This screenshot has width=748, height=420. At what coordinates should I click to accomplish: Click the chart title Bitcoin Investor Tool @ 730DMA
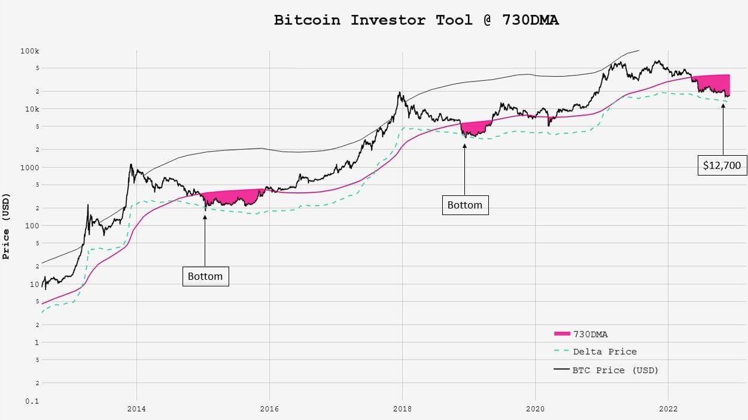point(416,20)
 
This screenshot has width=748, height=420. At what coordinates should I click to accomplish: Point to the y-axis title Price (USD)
point(7,226)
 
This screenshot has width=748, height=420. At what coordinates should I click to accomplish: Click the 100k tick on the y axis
point(29,52)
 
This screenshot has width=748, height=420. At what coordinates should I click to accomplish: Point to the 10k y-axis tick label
point(31,109)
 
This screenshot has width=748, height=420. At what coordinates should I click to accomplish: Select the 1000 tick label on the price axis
point(29,168)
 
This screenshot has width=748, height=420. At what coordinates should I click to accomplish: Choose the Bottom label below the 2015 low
point(205,276)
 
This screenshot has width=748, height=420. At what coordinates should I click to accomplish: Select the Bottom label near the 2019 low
point(465,205)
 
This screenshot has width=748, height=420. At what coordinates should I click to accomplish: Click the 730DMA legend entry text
point(591,334)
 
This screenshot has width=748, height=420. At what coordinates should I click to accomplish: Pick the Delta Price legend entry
point(604,352)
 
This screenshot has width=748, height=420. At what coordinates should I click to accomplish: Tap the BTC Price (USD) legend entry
point(615,370)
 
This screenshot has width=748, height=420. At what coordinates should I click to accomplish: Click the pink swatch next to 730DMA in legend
point(562,334)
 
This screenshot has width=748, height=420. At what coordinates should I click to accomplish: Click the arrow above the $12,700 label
point(723,129)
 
